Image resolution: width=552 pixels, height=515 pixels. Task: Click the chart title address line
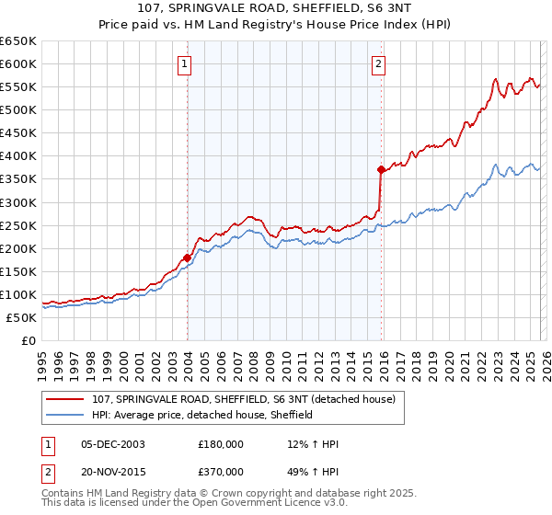(275, 10)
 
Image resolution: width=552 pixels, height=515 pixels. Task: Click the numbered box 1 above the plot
(186, 63)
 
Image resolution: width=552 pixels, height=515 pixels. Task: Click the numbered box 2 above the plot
(378, 63)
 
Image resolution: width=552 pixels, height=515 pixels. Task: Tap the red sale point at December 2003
(187, 257)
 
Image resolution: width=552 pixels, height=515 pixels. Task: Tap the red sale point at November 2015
(380, 169)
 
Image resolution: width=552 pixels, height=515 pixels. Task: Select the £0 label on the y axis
(28, 341)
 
